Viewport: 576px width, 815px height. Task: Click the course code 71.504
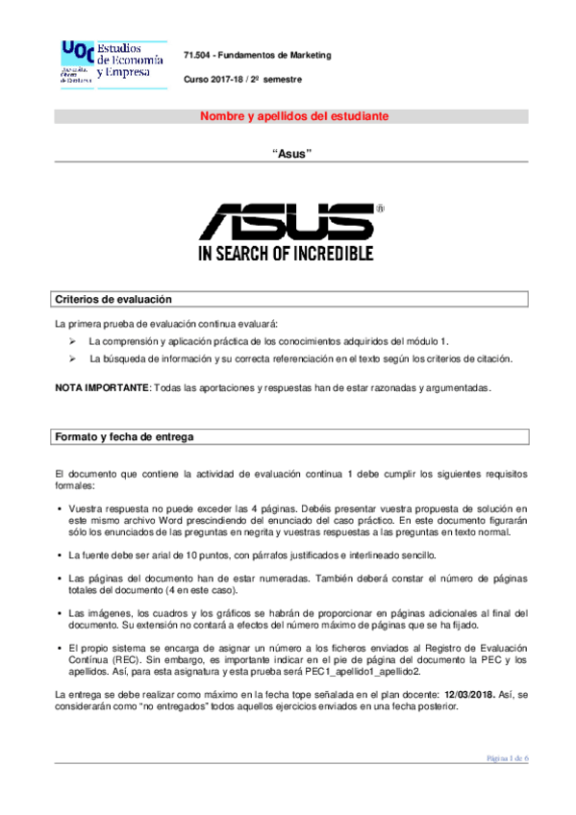(197, 55)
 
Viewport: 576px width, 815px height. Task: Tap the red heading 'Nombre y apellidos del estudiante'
(293, 116)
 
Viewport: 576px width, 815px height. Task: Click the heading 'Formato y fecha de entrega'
(124, 436)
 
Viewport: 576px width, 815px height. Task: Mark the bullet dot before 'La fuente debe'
(60, 556)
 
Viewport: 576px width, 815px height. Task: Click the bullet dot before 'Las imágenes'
(60, 612)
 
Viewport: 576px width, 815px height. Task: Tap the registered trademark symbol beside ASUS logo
(381, 207)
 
